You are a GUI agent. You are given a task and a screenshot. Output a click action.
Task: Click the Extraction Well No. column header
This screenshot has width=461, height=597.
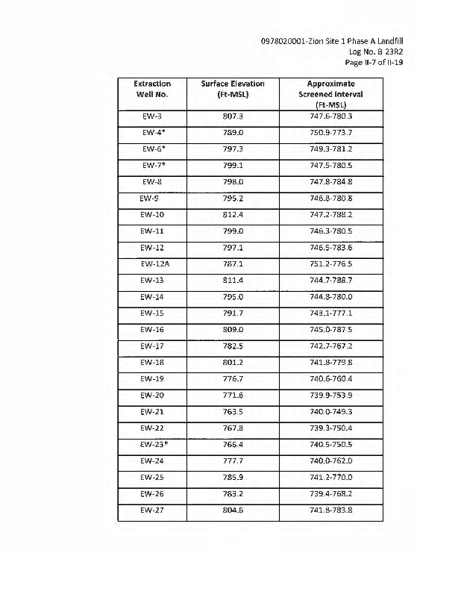point(152,90)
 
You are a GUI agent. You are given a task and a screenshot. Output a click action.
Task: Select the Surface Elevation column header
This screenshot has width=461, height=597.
point(233,90)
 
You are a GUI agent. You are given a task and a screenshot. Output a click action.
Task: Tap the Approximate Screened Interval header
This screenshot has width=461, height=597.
point(330,95)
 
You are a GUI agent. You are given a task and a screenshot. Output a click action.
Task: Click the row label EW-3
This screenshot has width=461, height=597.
point(152,116)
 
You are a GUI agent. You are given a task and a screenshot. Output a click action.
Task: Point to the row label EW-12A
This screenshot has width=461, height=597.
point(154,263)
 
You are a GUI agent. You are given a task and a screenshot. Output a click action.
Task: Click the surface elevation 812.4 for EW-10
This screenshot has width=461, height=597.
point(233,214)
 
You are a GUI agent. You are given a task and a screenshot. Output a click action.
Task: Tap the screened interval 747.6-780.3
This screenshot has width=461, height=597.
point(330,116)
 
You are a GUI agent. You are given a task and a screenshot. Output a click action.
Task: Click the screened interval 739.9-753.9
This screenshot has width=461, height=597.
point(330,395)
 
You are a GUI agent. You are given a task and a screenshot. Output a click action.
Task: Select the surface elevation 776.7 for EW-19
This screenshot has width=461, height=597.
point(233,378)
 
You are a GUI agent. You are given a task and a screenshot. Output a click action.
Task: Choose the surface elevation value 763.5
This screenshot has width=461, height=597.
point(233,411)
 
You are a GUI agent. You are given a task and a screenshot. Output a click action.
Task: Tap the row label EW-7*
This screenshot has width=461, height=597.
point(154,166)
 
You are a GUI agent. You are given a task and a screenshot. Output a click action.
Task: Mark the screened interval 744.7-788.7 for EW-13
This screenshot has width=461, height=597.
point(330,280)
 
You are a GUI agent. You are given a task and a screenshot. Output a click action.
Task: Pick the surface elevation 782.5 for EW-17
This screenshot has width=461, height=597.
point(233,346)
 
